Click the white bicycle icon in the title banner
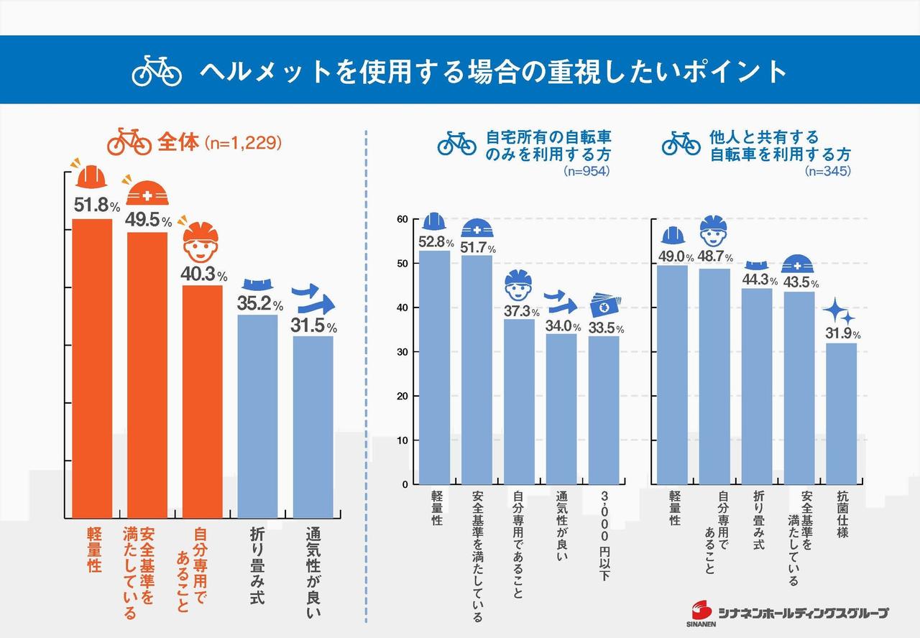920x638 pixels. coord(157,70)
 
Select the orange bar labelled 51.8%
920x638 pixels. coord(92,366)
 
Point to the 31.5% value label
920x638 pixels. coord(313,325)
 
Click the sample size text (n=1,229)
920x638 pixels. coord(242,143)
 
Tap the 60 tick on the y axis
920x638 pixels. coord(402,219)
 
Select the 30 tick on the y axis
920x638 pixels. coord(402,352)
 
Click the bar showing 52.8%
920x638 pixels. coord(434,366)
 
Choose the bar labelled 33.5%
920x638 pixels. coord(604,410)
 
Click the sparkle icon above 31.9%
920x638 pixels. coord(839,312)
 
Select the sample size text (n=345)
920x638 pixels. coord(827,171)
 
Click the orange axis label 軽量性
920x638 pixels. coord(94,550)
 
